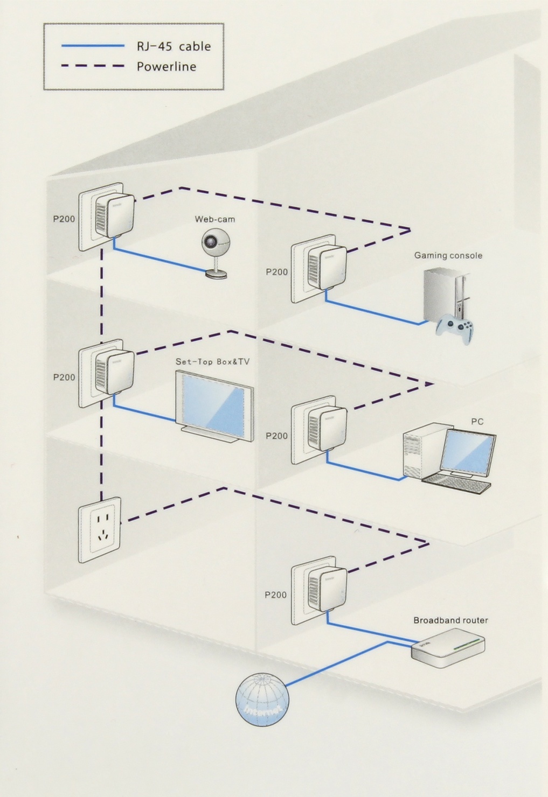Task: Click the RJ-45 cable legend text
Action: click(x=173, y=46)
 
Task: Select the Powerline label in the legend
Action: click(x=166, y=67)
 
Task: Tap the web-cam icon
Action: click(x=214, y=253)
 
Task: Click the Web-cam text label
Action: click(x=214, y=219)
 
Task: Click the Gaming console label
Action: click(x=448, y=255)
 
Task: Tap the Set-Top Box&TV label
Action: click(x=212, y=362)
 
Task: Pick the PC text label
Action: click(x=477, y=422)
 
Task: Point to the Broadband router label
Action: click(x=450, y=620)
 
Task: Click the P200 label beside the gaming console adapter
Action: click(x=276, y=272)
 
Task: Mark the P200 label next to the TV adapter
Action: click(x=64, y=377)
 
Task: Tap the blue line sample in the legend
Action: click(x=93, y=46)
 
